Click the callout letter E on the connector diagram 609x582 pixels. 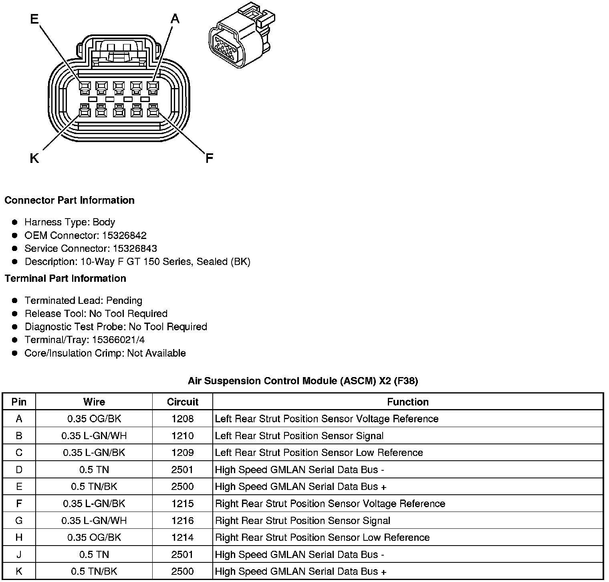35,19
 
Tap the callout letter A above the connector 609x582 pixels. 175,18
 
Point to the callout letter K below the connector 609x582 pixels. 34,159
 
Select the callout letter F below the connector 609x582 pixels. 209,159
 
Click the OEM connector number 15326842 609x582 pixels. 124,235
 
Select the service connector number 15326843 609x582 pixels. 135,249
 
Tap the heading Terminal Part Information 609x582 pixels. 65,278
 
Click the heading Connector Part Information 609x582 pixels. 69,200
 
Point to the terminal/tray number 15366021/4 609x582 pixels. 118,340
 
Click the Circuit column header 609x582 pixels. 183,402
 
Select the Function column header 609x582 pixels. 407,402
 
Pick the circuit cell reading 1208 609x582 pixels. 183,419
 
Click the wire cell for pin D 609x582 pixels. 94,470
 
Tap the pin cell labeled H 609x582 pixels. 19,538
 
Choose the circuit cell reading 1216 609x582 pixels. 183,520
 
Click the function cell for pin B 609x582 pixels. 299,435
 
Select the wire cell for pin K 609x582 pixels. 94,571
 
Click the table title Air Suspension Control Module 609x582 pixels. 303,381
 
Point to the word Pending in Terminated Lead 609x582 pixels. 124,301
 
